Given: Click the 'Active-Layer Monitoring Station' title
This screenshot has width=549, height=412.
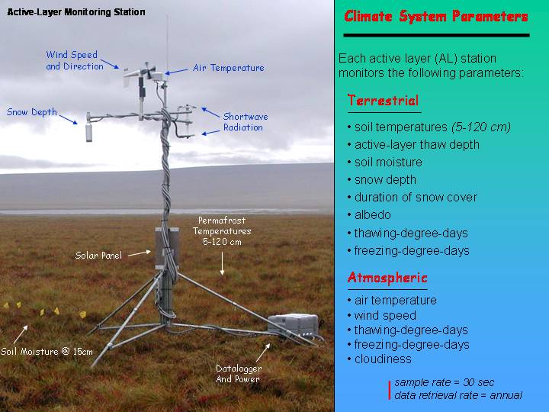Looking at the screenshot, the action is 76,12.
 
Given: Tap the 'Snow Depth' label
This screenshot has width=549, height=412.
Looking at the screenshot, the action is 31,112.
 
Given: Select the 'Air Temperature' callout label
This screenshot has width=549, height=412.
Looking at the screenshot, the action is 229,68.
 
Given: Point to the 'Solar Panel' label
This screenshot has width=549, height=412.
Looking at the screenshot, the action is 98,256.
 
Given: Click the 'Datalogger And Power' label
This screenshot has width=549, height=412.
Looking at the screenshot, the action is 239,373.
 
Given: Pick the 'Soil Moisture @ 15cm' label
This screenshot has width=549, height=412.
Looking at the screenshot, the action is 47,352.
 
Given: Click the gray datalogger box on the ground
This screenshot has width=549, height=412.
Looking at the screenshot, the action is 293,325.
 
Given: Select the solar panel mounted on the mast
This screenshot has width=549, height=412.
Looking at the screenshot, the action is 167,248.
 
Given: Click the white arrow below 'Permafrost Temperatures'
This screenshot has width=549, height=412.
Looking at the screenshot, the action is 222,262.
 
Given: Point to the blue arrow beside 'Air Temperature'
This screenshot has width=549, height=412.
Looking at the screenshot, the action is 176,72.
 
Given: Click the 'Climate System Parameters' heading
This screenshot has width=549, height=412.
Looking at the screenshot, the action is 436,16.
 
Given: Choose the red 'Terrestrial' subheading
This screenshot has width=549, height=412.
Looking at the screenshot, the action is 383,101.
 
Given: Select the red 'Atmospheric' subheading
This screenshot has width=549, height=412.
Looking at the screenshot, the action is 387,278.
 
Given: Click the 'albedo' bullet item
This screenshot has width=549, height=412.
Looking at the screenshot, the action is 373,214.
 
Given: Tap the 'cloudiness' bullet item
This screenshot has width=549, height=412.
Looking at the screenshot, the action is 383,359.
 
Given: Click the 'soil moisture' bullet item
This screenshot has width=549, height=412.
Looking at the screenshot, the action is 388,163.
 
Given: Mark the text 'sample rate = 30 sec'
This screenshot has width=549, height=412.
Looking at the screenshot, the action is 445,382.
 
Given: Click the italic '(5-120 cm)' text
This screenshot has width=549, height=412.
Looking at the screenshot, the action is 481,127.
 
